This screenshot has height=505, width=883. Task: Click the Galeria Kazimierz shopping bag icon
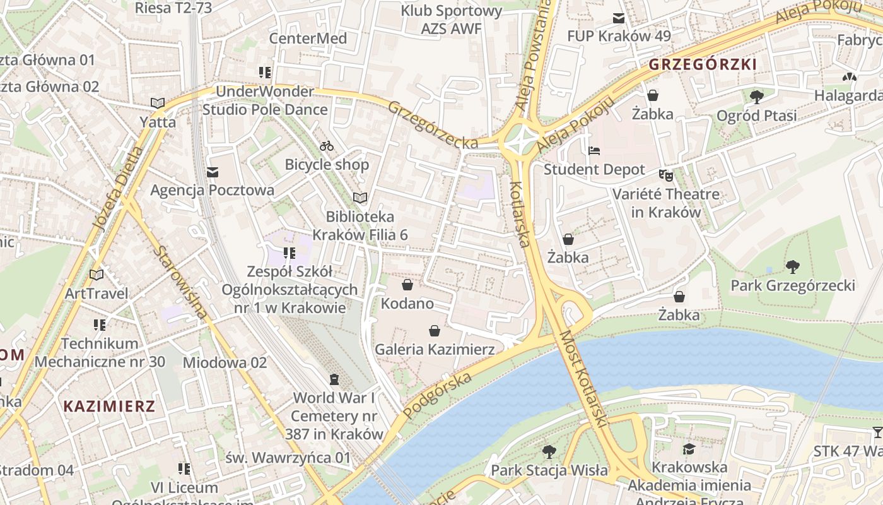(x=434, y=331)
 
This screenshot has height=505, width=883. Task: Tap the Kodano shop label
(x=407, y=304)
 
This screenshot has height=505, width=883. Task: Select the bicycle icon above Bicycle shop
(x=327, y=146)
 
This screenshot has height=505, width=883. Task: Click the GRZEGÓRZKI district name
(x=703, y=64)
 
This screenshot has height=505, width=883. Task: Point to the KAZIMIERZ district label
(x=109, y=406)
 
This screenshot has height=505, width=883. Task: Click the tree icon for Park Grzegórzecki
(x=792, y=267)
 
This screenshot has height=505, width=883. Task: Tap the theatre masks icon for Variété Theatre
(x=665, y=175)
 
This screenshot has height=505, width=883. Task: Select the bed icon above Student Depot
(x=594, y=151)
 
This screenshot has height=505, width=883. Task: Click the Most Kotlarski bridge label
(x=583, y=379)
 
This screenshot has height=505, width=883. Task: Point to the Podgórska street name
(x=438, y=395)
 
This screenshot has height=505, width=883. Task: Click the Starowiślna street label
(x=180, y=282)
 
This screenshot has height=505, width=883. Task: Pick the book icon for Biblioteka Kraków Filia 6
(x=360, y=198)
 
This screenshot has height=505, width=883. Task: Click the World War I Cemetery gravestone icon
(x=334, y=379)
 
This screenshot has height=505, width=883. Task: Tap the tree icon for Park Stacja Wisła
(x=549, y=451)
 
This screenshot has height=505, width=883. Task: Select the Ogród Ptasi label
(x=756, y=116)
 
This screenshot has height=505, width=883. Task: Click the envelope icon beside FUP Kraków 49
(x=618, y=18)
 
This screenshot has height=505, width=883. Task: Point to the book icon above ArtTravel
(x=96, y=275)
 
